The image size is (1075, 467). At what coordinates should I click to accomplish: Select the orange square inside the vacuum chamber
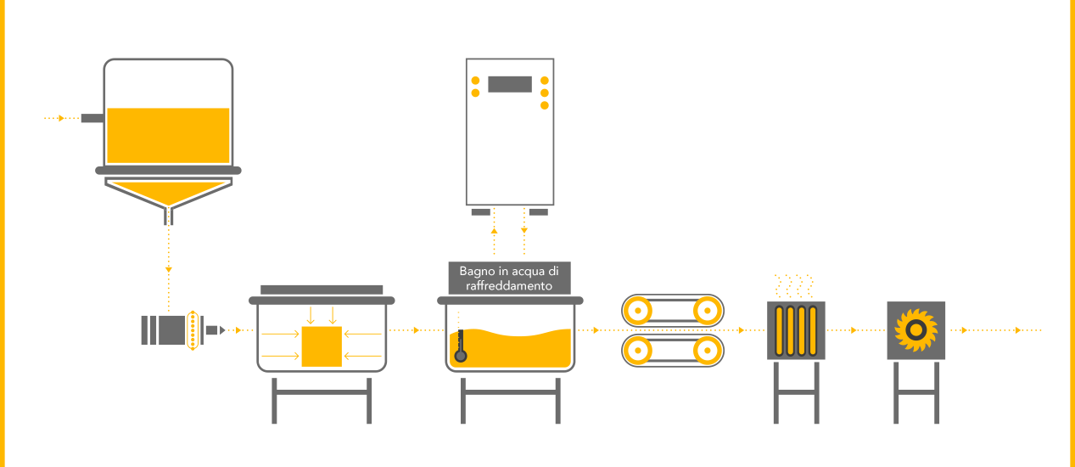click(x=321, y=346)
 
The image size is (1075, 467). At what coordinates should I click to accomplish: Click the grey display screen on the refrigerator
click(x=510, y=84)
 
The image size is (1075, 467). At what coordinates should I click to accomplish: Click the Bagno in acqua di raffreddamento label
click(x=509, y=279)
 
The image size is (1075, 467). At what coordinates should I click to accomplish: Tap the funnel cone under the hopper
click(x=170, y=194)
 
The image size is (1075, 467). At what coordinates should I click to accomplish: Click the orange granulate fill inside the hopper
click(x=169, y=136)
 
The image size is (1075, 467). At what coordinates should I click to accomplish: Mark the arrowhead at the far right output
click(x=1018, y=330)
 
